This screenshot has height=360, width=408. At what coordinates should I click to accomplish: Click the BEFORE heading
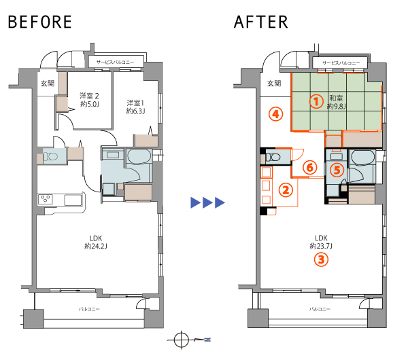[x=40, y=22]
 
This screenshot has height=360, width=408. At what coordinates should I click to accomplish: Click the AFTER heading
[x=261, y=22]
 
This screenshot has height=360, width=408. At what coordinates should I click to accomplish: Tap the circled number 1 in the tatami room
[x=316, y=101]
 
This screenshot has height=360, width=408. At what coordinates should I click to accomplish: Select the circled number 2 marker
[x=286, y=190]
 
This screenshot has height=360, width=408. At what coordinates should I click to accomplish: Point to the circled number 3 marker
[x=321, y=259]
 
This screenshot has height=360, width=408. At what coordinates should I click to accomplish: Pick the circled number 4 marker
[x=276, y=114]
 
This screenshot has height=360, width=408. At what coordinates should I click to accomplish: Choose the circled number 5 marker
[x=337, y=170]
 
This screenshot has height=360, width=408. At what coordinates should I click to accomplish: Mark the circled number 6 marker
[x=309, y=167]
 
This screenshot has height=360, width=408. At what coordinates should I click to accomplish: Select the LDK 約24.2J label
[x=96, y=242]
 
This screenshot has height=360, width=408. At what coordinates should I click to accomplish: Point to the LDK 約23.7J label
[x=321, y=242]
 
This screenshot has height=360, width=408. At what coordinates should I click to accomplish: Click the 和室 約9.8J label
[x=336, y=102]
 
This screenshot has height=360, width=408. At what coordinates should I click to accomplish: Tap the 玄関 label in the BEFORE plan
[x=48, y=83]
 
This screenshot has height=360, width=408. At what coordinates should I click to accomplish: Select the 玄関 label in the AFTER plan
[x=274, y=83]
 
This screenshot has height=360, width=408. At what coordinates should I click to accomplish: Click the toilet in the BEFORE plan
[x=51, y=156]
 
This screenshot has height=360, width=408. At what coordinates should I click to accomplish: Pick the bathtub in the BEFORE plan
[x=139, y=156]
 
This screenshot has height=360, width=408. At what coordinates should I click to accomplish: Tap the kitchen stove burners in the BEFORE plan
[x=46, y=200]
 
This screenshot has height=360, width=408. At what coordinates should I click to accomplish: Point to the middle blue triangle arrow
[x=207, y=202]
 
